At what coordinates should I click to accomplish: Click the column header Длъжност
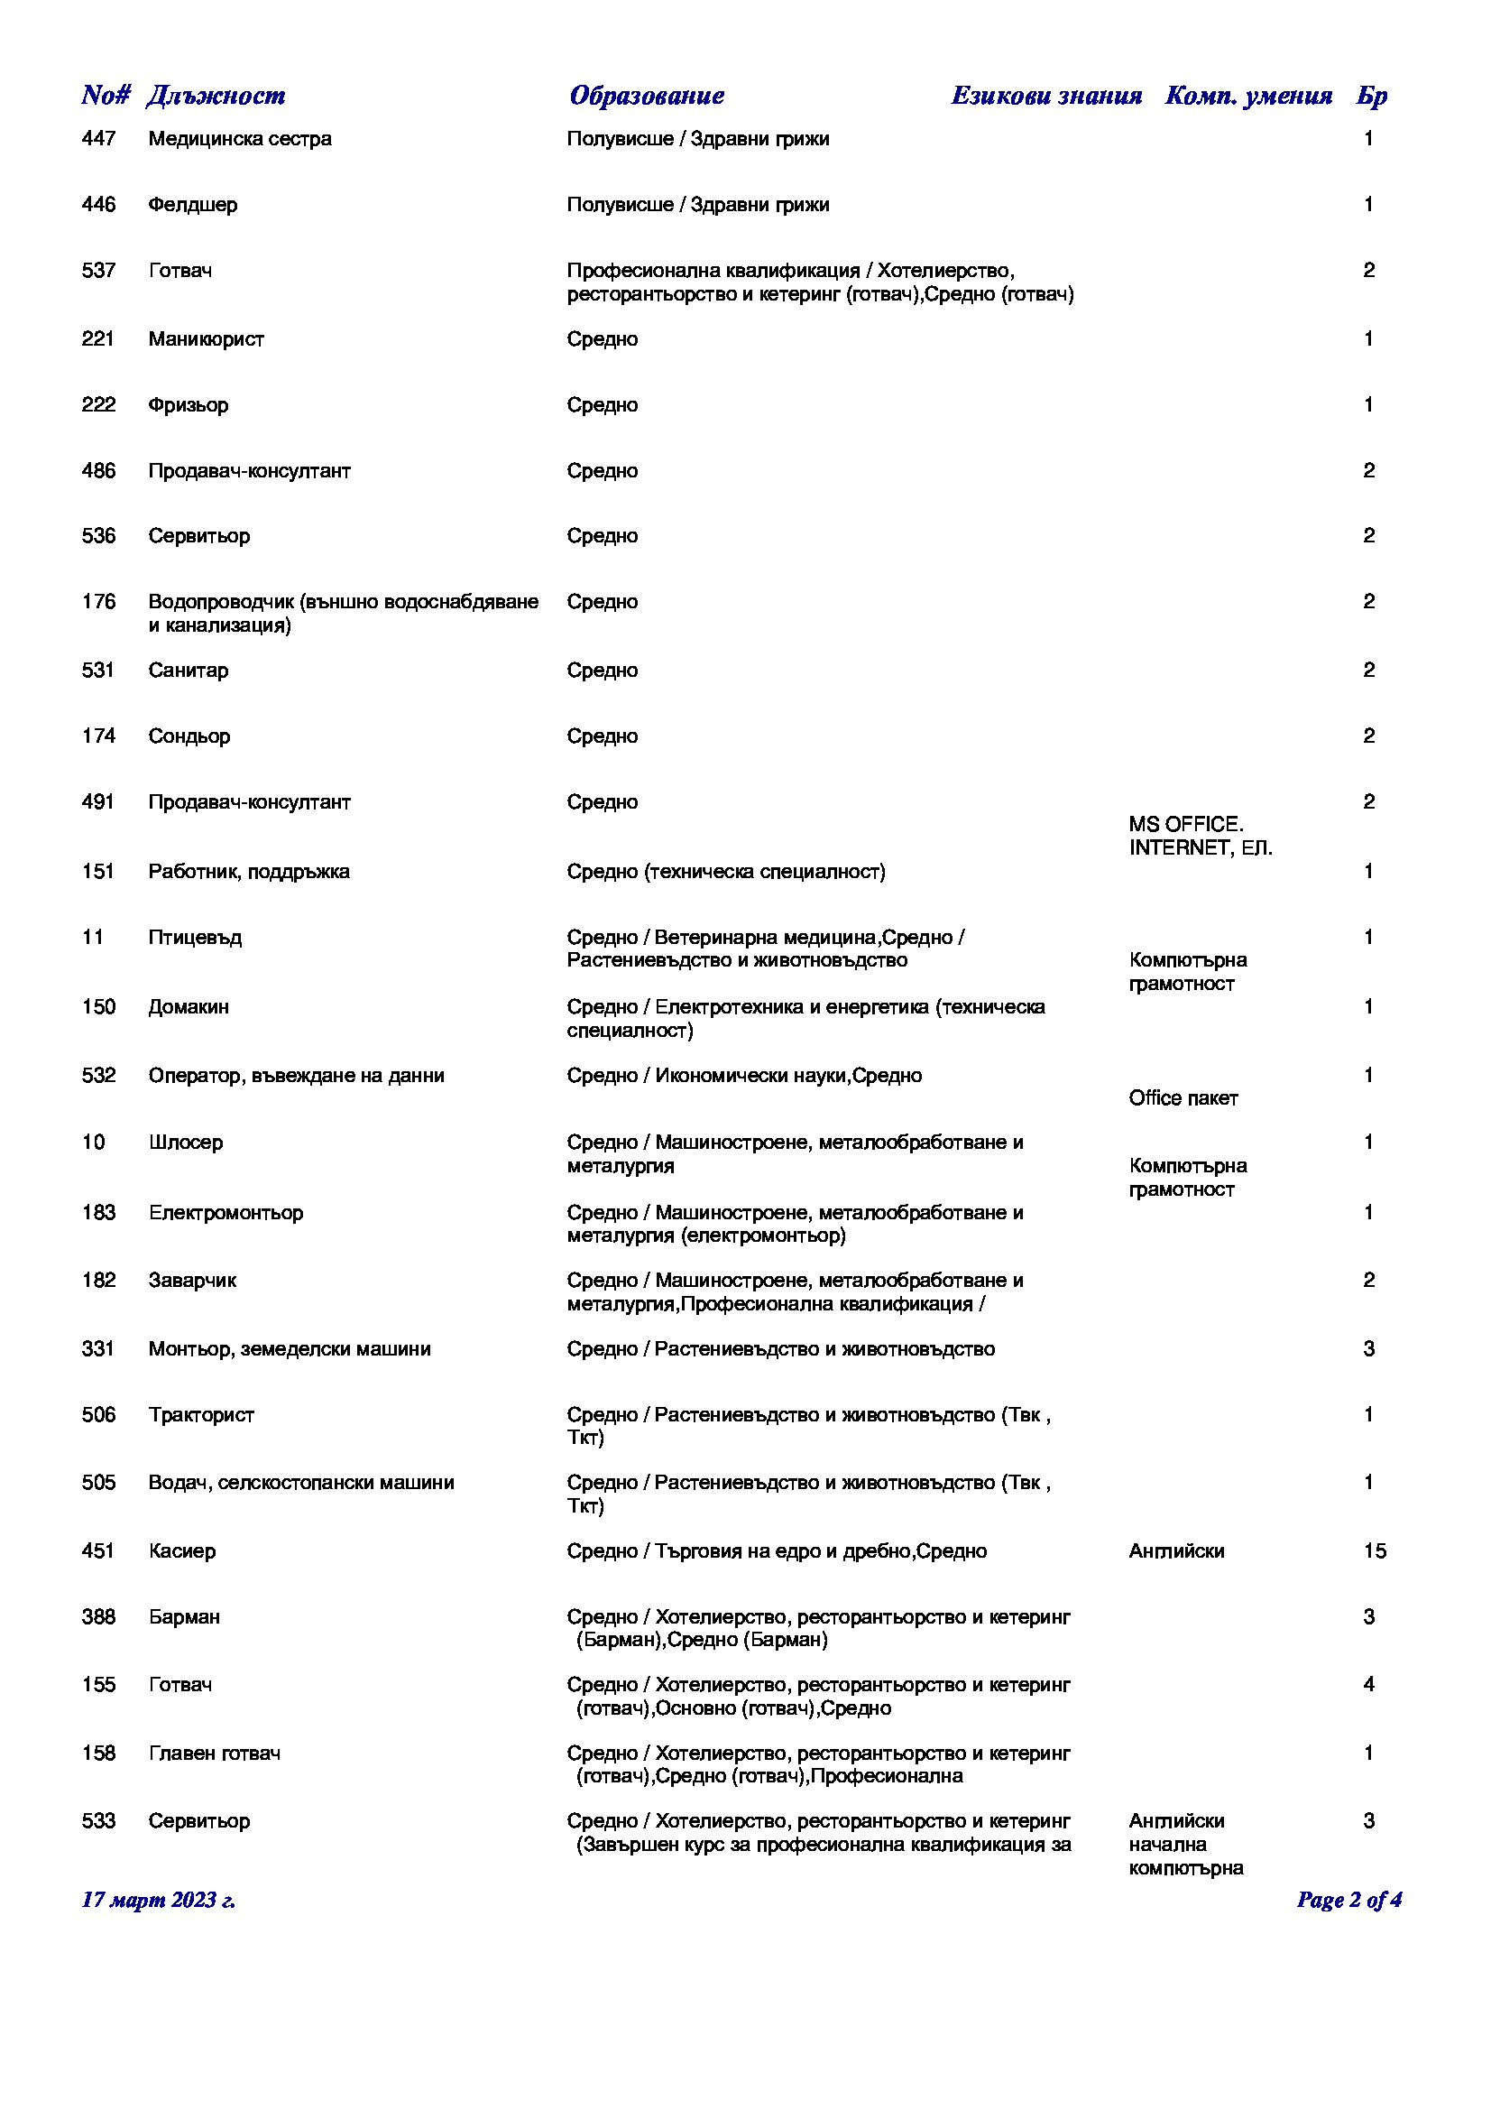(216, 96)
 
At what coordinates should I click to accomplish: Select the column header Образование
(647, 96)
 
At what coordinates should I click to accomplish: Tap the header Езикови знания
(1046, 96)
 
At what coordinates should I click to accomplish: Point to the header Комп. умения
(1248, 96)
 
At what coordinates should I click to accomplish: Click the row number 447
(99, 139)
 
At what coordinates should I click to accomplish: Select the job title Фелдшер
(193, 205)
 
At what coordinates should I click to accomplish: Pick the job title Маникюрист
(207, 339)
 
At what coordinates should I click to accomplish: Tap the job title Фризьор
(189, 405)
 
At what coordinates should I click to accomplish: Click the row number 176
(99, 602)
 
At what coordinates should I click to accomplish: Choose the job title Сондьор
(189, 736)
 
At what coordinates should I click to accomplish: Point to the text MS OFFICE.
(1186, 824)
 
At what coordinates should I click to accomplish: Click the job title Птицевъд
(196, 938)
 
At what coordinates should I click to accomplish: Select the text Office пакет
(1183, 1098)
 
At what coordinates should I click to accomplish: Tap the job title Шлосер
(186, 1143)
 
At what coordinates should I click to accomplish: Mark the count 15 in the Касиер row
(1375, 1551)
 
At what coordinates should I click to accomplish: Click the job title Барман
(185, 1617)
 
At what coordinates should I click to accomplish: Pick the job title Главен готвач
(215, 1754)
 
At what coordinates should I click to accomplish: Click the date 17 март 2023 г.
(159, 1901)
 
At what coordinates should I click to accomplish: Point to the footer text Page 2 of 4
(1348, 1901)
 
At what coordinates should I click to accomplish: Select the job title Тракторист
(201, 1415)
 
